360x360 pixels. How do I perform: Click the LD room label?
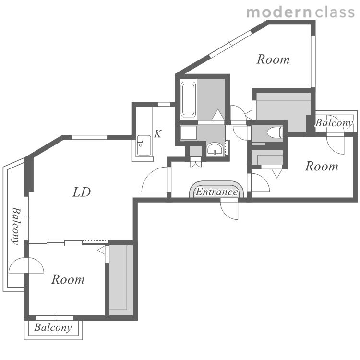pos(82,192)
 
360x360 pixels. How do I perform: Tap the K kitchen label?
pos(158,133)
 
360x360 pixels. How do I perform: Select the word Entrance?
pos(216,192)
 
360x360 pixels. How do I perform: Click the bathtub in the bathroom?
pos(188,99)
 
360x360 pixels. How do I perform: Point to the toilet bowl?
pos(275,132)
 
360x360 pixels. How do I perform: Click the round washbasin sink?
pos(215,149)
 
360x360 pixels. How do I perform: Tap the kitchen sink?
pos(144,145)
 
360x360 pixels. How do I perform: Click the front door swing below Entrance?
pos(229,209)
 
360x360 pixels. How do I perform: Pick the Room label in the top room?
pos(273,59)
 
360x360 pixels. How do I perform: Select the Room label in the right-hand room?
pos(322,166)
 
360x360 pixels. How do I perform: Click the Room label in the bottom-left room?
pos(68,279)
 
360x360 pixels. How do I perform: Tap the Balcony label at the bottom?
pos(53,327)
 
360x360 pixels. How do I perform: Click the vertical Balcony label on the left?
pos(16,226)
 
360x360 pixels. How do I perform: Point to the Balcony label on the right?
pos(334,123)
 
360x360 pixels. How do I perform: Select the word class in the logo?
pos(335,12)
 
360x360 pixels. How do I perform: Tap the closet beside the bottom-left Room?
pos(121,280)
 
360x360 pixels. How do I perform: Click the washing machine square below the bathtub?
pos(189,132)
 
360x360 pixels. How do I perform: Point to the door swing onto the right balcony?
pos(335,145)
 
